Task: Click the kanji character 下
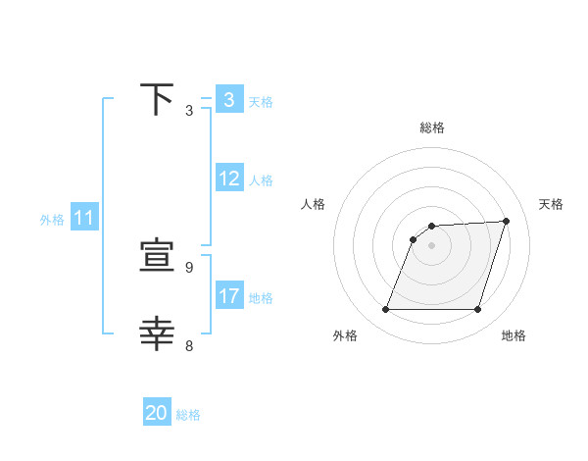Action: click(157, 100)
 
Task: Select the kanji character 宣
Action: click(157, 257)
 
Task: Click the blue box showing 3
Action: click(228, 100)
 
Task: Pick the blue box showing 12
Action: click(229, 179)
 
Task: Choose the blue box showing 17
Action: click(229, 296)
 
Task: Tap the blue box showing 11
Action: click(83, 219)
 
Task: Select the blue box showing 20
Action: click(157, 413)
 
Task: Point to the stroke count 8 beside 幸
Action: click(189, 345)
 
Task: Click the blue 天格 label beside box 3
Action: click(261, 101)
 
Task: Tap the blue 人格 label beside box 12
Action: click(261, 179)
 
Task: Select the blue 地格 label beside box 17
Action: click(261, 297)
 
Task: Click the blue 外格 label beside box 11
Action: click(52, 220)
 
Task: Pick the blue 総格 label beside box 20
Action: click(188, 414)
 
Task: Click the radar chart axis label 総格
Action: click(432, 128)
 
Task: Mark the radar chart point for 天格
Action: click(507, 221)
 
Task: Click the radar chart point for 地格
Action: click(478, 310)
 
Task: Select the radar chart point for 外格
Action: click(385, 310)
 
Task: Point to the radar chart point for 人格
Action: click(414, 239)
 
